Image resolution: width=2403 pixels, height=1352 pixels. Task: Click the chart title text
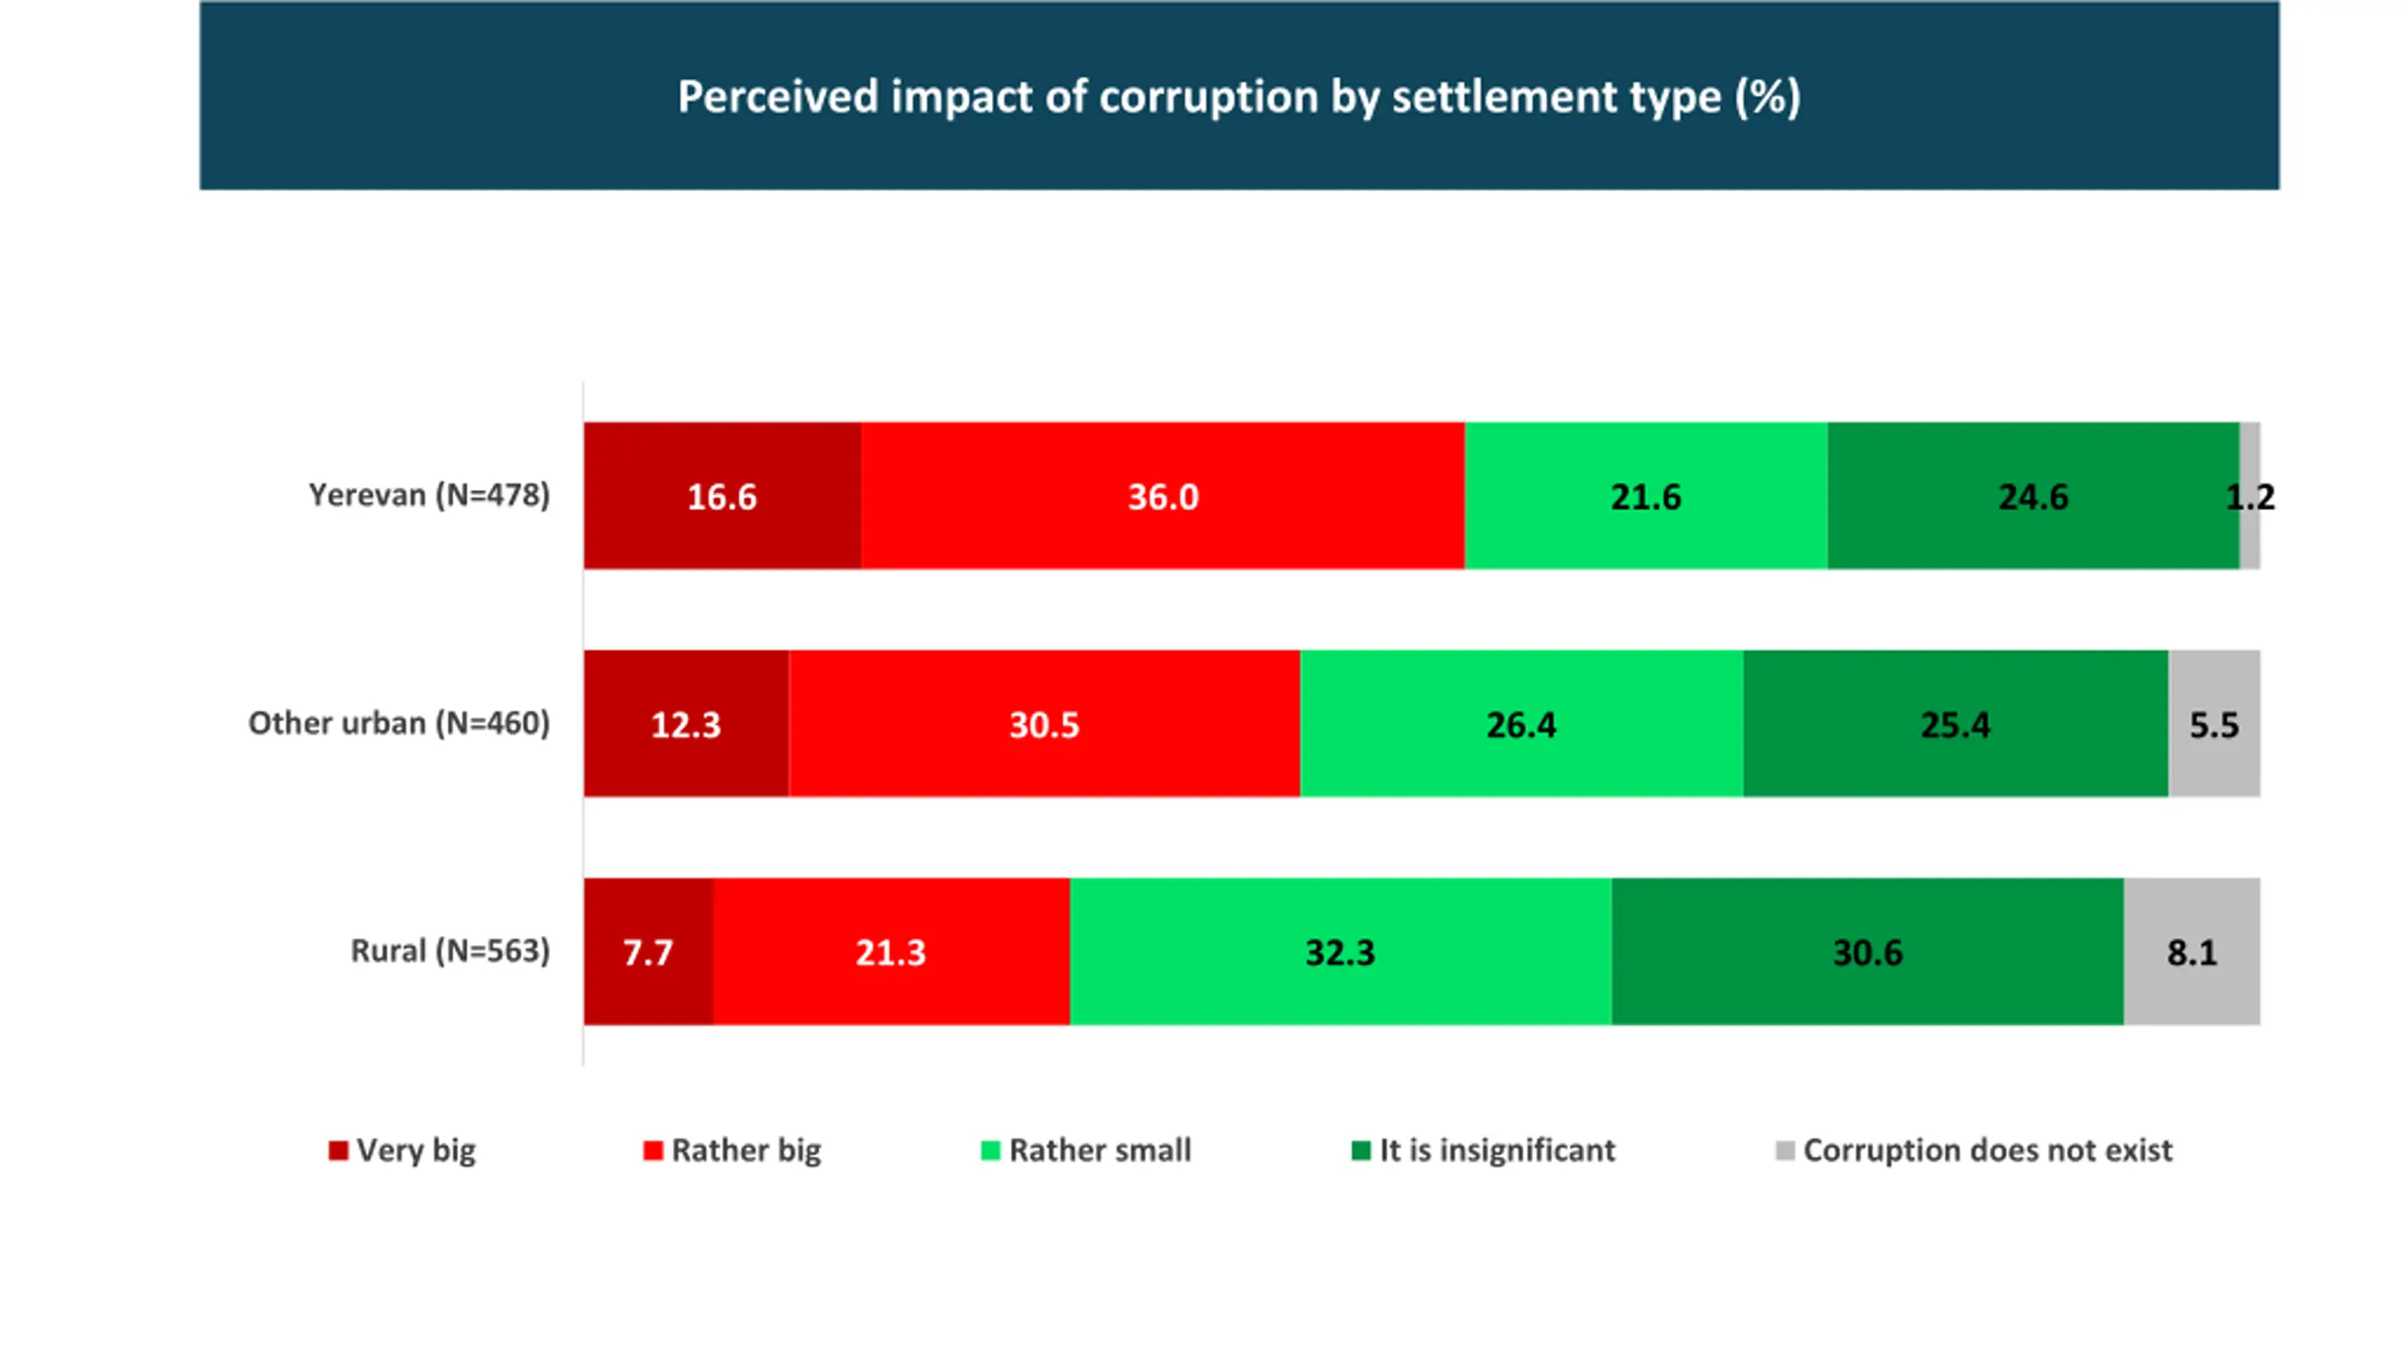pyautogui.click(x=1238, y=97)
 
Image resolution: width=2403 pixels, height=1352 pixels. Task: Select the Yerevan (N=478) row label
pyautogui.click(x=429, y=495)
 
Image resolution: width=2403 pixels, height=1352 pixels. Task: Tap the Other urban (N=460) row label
pyautogui.click(x=399, y=723)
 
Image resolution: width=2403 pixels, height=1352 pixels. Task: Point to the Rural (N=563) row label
pyautogui.click(x=450, y=951)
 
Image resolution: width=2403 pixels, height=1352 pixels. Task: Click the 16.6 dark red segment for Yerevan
pyautogui.click(x=722, y=496)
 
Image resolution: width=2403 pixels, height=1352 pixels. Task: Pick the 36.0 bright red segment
pyautogui.click(x=1162, y=496)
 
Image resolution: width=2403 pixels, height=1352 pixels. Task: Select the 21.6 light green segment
pyautogui.click(x=1645, y=496)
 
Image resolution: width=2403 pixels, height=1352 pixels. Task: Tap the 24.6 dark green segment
pyautogui.click(x=2032, y=496)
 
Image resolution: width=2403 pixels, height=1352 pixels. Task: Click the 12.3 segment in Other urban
pyautogui.click(x=686, y=724)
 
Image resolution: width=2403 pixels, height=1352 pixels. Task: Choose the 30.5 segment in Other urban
pyautogui.click(x=1044, y=724)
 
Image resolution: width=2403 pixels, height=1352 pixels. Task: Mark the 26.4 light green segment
pyautogui.click(x=1521, y=724)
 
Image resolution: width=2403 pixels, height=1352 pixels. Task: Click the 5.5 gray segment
pyautogui.click(x=2213, y=724)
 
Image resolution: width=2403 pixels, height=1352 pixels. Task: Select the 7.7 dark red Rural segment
pyautogui.click(x=648, y=952)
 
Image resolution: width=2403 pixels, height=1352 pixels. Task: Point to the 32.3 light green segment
pyautogui.click(x=1339, y=952)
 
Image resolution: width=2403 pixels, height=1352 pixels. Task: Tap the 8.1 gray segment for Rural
pyautogui.click(x=2191, y=952)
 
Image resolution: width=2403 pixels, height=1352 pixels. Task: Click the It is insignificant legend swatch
pyautogui.click(x=1360, y=1150)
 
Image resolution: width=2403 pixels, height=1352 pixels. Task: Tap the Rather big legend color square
pyautogui.click(x=652, y=1150)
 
